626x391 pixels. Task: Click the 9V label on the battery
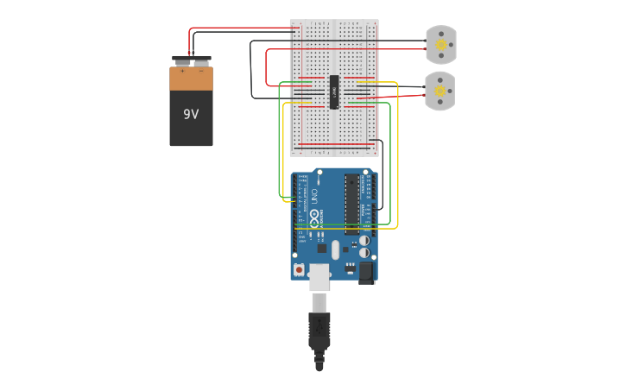point(191,113)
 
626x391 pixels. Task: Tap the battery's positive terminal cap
point(181,61)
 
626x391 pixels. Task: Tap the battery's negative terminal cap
point(201,61)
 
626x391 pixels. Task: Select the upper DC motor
point(439,45)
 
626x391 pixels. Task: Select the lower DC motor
point(439,91)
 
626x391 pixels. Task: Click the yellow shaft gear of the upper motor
point(440,45)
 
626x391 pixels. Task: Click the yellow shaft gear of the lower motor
point(439,91)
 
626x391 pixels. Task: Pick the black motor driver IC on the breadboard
point(333,91)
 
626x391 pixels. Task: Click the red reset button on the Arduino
point(299,270)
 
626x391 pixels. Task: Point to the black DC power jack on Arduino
point(366,274)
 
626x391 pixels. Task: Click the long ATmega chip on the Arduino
point(351,204)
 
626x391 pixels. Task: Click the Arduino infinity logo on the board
point(315,217)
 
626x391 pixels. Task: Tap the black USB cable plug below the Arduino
point(319,332)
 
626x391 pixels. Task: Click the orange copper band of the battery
point(191,79)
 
